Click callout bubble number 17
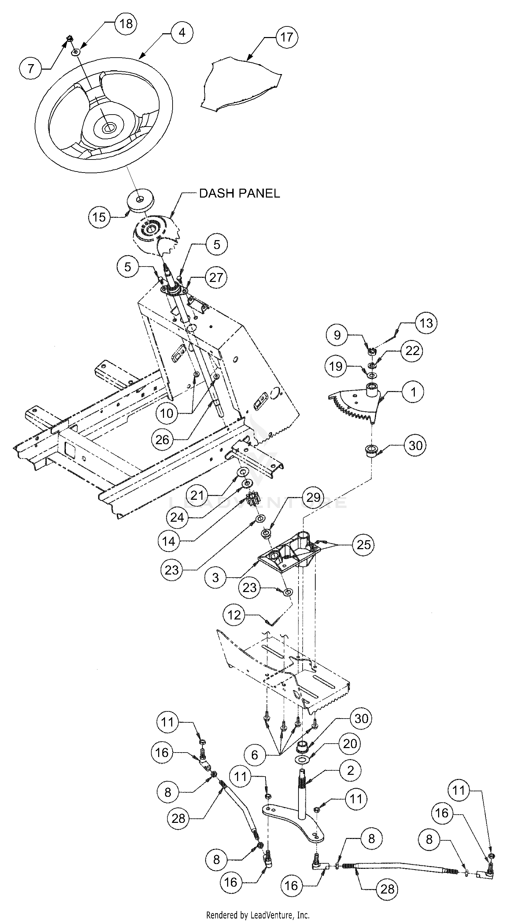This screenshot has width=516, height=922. pos(286,37)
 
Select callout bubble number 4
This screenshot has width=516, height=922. pos(182,33)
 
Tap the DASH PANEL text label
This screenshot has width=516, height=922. pos(239,193)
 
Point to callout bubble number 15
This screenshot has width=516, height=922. pos(99,217)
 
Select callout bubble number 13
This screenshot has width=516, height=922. pos(426,323)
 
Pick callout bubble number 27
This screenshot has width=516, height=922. pos(216,277)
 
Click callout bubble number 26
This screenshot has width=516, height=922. pos(162,439)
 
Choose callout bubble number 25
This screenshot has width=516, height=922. pos(363,544)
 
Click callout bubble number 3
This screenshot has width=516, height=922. pos(215,577)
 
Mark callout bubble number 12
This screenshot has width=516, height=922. pos(234,615)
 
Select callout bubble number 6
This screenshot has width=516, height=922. pos(255,755)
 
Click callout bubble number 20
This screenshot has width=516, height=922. pos(350,743)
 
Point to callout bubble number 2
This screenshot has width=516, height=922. pos(350,770)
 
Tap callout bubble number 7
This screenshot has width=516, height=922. pos(31,68)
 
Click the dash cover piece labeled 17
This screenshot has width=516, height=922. pos(240,86)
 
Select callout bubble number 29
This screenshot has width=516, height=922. pos(313,497)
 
